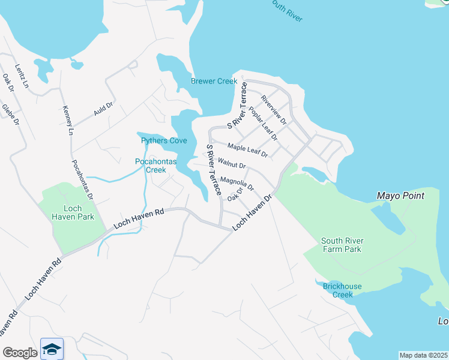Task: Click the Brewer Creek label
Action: [214, 81]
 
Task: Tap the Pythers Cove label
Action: [164, 140]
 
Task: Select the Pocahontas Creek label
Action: [150, 166]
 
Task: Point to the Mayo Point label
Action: [400, 196]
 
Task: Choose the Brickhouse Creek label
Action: [342, 290]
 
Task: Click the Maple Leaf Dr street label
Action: [247, 150]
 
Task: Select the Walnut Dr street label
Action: [232, 163]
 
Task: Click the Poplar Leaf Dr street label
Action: [262, 124]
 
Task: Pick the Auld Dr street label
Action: [103, 109]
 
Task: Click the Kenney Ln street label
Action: [67, 120]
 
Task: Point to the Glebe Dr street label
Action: [11, 113]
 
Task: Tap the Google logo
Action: [20, 353]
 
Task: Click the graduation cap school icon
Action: [52, 349]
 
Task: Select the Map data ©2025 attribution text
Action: [423, 355]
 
